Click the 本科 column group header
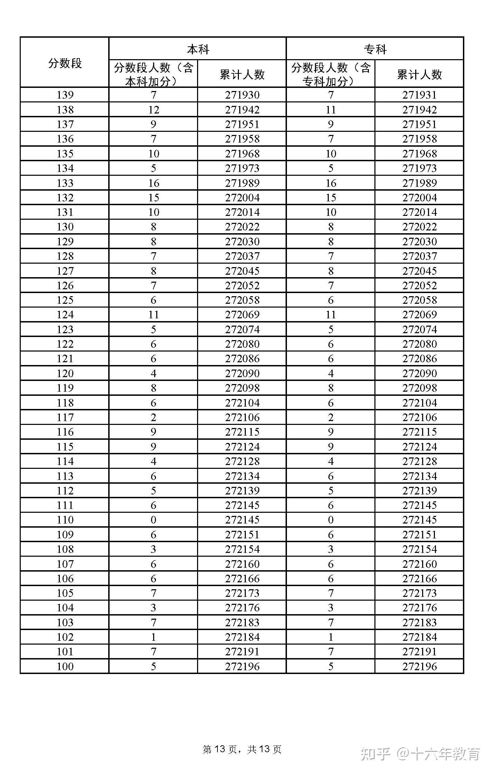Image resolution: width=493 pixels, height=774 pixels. point(198,49)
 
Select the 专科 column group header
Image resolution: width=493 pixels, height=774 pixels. point(375,49)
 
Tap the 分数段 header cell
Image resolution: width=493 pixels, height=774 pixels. point(65,63)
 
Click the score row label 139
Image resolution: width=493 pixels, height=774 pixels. point(65,95)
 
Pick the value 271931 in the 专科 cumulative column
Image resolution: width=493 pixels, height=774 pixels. point(419,95)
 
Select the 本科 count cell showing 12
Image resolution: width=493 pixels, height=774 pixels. point(154,110)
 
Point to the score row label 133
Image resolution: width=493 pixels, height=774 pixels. point(65,183)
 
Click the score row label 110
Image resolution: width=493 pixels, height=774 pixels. point(65,520)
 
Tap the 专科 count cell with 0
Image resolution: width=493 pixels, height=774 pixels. point(331,520)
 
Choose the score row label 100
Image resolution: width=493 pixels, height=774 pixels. point(65,666)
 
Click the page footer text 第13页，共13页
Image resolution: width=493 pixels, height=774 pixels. point(242,749)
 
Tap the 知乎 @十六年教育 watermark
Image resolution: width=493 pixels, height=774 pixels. point(420,754)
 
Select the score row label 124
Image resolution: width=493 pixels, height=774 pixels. point(65,315)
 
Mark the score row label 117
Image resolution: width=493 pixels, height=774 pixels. point(65,417)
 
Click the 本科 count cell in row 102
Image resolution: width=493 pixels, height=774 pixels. point(154,637)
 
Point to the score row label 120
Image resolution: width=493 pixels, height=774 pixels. point(65,373)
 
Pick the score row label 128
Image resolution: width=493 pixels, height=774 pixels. point(65,256)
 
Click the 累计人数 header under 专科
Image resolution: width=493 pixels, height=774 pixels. point(419,74)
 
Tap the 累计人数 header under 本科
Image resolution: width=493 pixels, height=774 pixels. point(242,74)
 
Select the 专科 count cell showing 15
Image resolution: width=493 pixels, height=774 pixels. point(331,198)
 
